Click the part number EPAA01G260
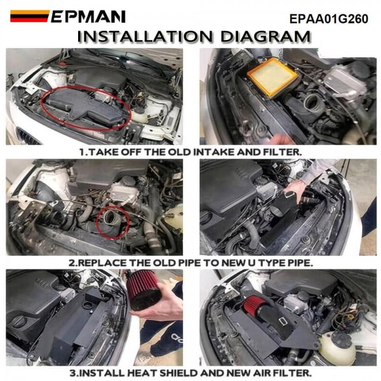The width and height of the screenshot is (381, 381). pyautogui.click(x=329, y=18)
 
